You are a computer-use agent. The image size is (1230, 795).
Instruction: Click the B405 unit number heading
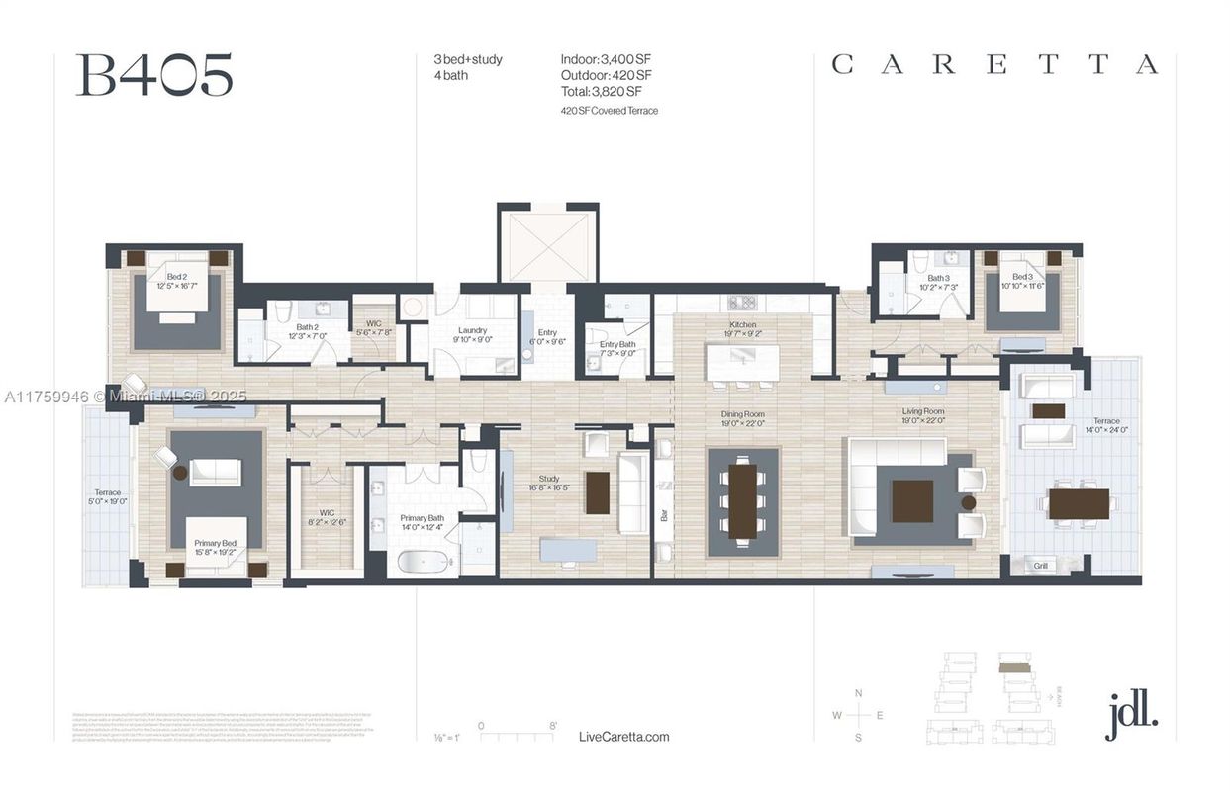154,76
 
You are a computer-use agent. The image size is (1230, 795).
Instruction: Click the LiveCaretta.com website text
623,737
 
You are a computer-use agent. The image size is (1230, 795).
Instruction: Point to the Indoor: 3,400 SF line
606,60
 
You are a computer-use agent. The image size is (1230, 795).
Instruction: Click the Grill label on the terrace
1041,566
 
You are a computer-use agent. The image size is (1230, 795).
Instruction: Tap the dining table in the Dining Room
742,501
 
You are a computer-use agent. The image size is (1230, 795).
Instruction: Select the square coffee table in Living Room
911,500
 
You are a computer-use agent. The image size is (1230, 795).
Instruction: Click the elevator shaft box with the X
547,244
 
